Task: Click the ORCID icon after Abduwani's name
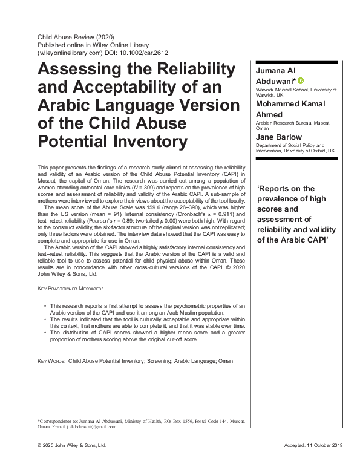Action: (x=301, y=81)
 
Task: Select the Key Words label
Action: (x=51, y=360)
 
